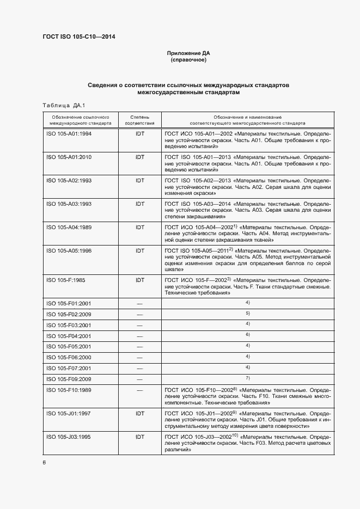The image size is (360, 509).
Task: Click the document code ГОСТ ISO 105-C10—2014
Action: [78, 37]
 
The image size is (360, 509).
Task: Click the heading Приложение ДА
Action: [188, 53]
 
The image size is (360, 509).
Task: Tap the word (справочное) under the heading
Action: [188, 60]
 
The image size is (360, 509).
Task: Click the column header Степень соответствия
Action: [139, 120]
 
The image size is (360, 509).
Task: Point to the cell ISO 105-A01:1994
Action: [69, 133]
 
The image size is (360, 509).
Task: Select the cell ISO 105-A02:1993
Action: [69, 180]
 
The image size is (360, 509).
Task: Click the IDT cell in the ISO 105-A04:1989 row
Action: [140, 227]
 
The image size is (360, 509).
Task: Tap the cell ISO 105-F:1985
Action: [65, 280]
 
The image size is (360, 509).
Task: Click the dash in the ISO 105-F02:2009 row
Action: [139, 315]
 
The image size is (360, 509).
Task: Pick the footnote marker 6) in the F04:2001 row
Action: [247, 334]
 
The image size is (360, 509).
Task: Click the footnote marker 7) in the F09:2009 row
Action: [247, 377]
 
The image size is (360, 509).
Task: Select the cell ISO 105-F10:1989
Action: [69, 390]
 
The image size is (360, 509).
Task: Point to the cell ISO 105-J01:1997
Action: [69, 414]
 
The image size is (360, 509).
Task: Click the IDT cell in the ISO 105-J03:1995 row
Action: [140, 437]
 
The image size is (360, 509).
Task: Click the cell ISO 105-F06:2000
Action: [69, 357]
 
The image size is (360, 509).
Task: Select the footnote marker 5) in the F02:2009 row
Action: [247, 313]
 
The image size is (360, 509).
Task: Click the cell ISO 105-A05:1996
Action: [69, 250]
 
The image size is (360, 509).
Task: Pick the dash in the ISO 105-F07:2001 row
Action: [139, 369]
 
